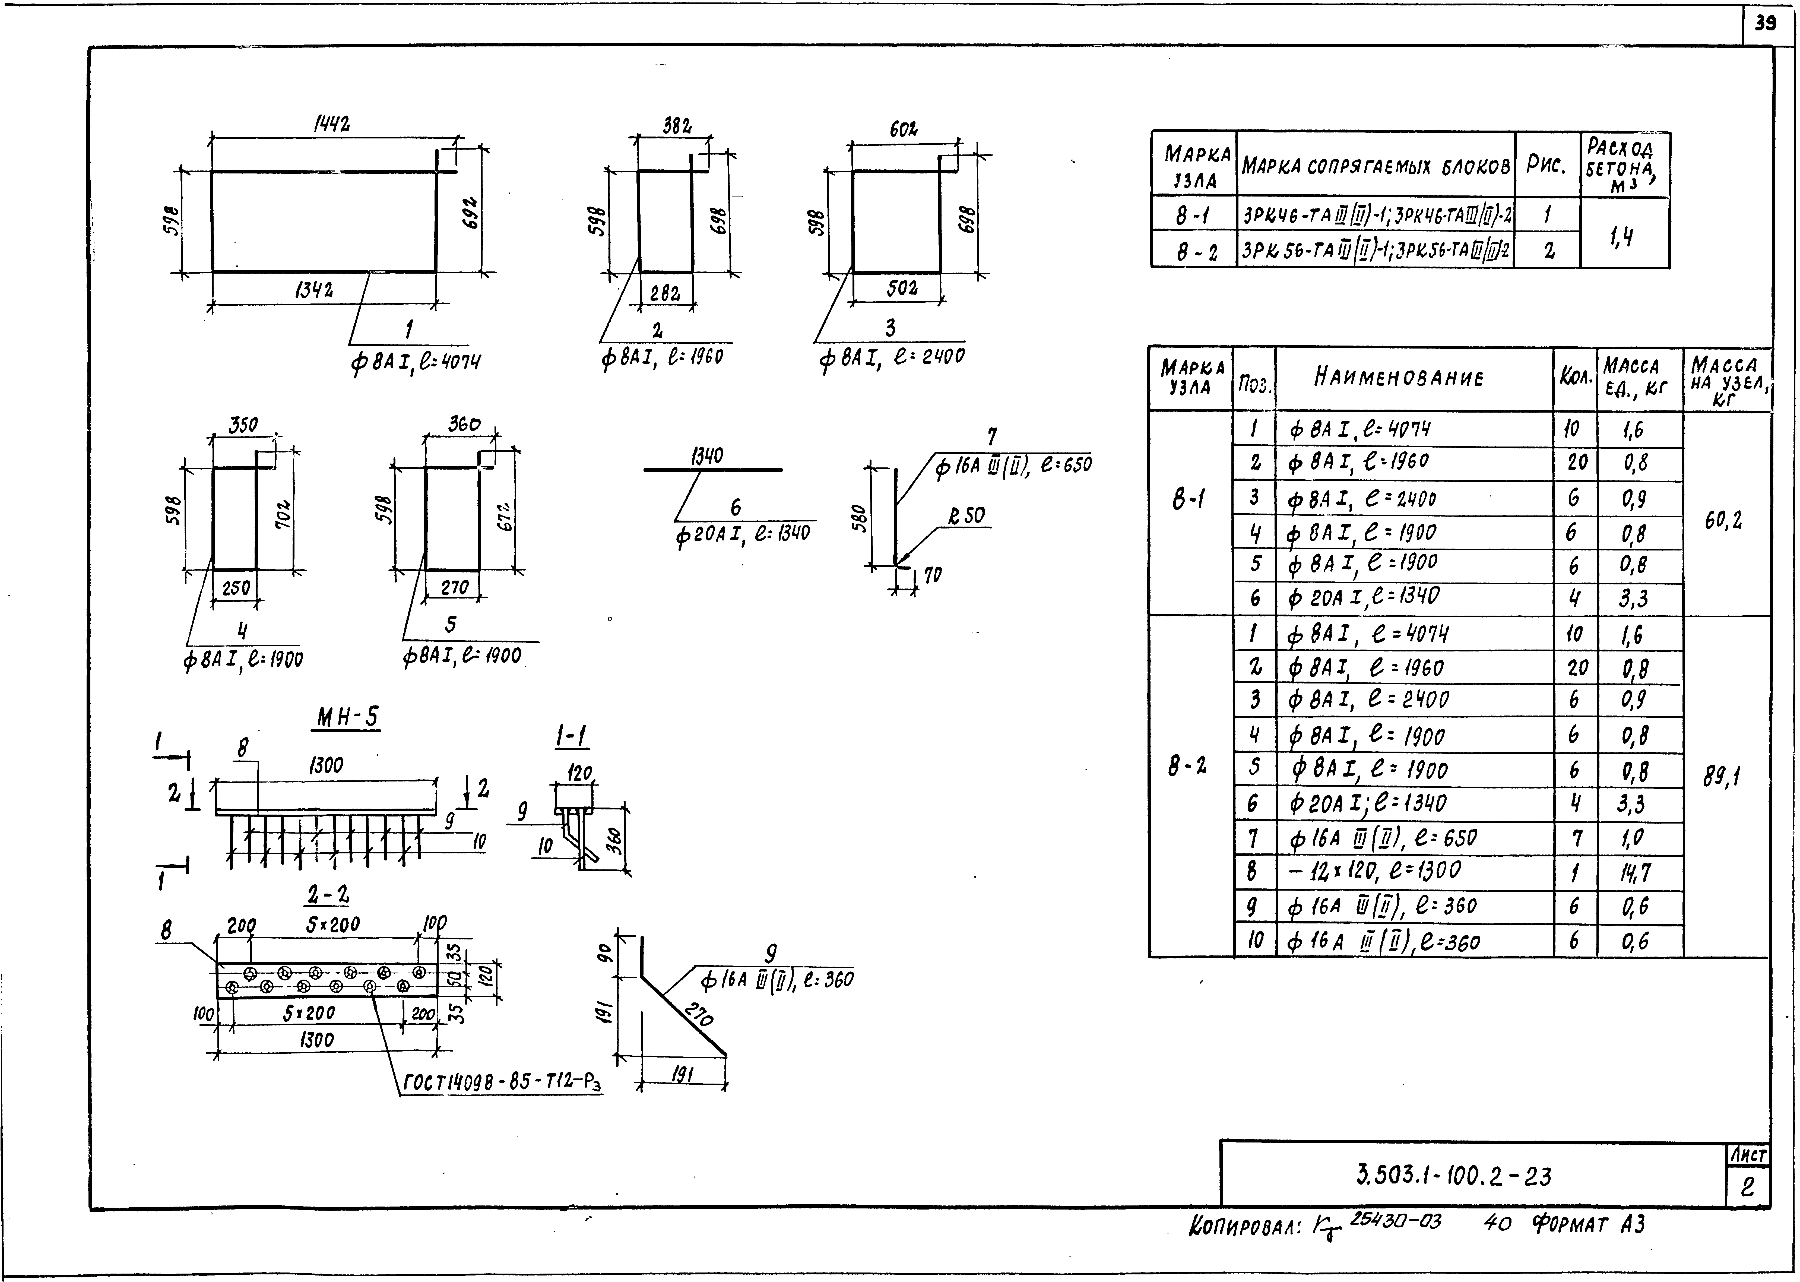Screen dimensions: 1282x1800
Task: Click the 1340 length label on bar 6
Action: [707, 456]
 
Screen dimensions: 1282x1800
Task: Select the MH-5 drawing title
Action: [348, 718]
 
